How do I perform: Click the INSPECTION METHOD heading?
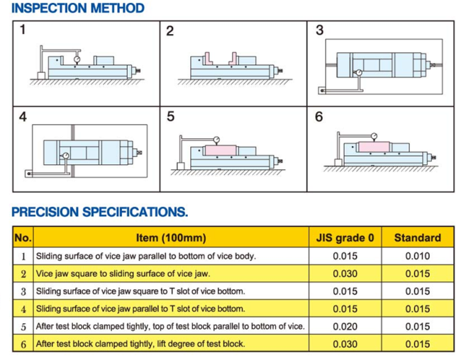(x=78, y=9)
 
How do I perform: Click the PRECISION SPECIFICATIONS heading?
(x=99, y=211)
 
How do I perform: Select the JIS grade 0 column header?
(x=345, y=238)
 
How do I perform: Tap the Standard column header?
(x=417, y=238)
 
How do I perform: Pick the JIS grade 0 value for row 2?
(x=345, y=274)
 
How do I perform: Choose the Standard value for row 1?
(x=417, y=256)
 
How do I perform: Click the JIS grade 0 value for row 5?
(x=345, y=326)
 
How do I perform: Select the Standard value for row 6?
(x=417, y=344)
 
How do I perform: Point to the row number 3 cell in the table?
(x=23, y=291)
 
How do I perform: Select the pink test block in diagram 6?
(x=374, y=147)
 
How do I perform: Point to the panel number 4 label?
(x=23, y=116)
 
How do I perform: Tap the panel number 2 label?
(x=170, y=30)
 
